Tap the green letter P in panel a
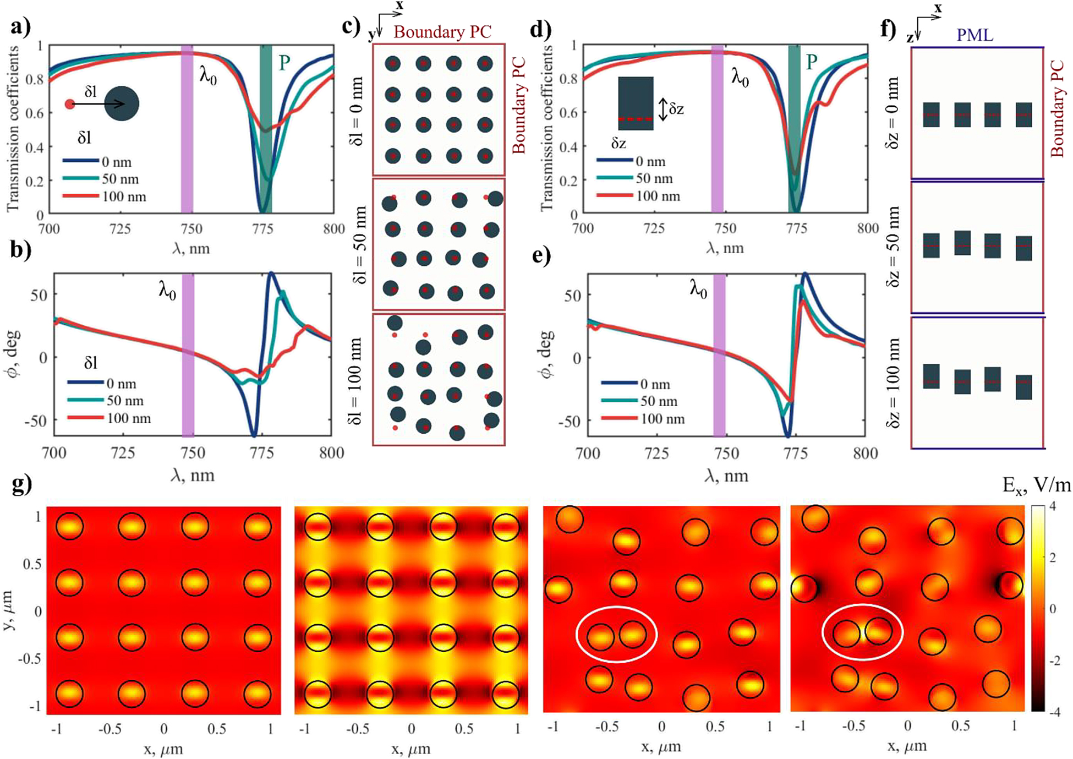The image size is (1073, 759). point(284,63)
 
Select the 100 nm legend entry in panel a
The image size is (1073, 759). point(105,196)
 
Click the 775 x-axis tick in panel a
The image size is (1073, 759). point(262,229)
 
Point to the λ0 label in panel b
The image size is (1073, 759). point(167,291)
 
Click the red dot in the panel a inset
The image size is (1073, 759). point(69,104)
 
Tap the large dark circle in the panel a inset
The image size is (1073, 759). point(122,103)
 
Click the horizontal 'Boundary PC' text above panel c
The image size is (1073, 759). point(442,32)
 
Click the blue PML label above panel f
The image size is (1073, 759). point(975,36)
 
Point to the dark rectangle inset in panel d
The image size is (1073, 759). point(636,103)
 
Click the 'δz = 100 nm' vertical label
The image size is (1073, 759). point(893,383)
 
